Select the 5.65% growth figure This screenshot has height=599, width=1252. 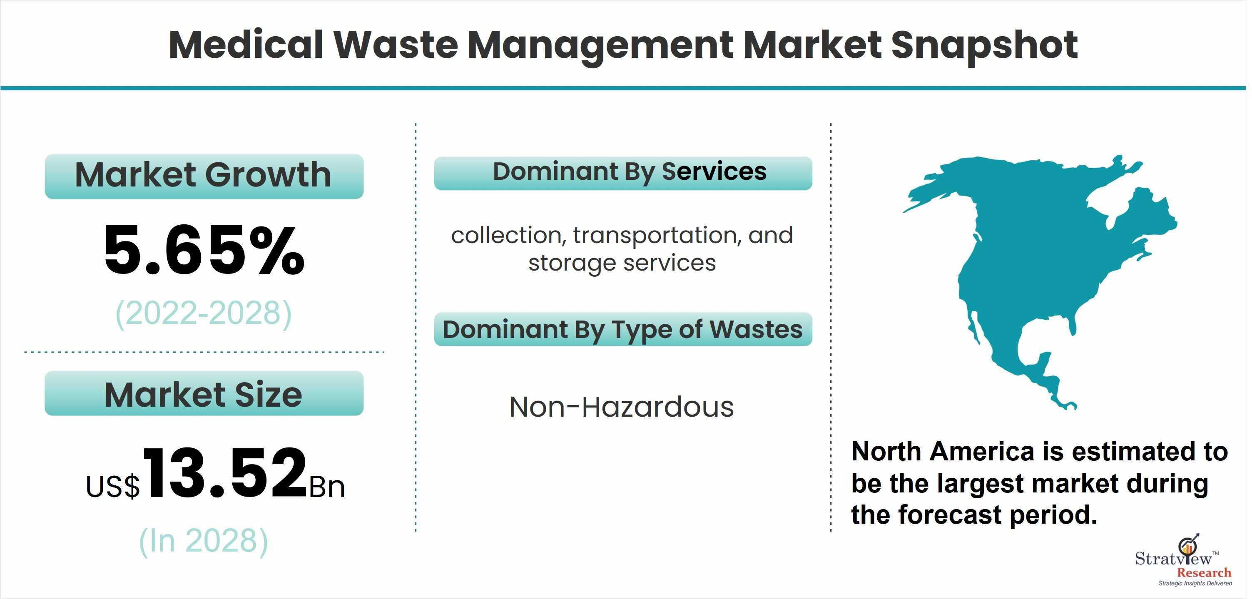click(x=204, y=250)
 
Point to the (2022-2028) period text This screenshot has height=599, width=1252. click(x=204, y=313)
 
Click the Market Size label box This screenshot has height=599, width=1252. click(x=204, y=393)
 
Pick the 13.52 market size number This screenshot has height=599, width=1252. click(x=225, y=473)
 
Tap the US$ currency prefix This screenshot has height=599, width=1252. click(x=113, y=486)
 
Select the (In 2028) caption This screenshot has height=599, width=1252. click(x=204, y=541)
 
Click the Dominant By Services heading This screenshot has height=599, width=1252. click(x=623, y=173)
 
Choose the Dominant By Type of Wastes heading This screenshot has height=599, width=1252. click(x=623, y=329)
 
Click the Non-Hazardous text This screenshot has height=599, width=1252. click(x=622, y=407)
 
